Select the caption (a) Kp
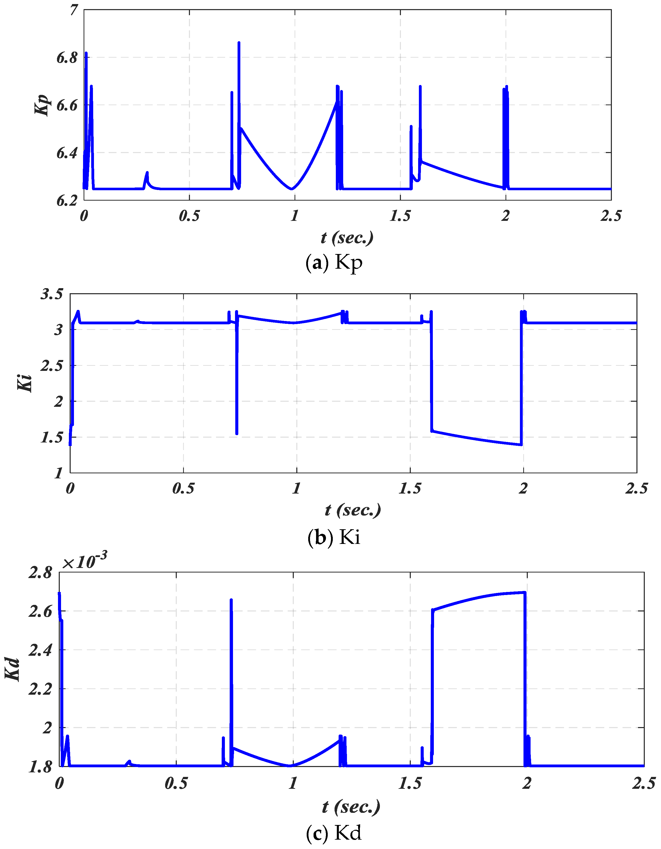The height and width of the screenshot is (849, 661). pos(334,263)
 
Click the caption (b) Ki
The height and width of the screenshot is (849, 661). pos(334,537)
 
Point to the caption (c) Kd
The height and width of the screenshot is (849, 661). pos(334,833)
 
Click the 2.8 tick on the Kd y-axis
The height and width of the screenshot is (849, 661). pos(40,572)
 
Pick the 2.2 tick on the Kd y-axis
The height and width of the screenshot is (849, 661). pos(40,689)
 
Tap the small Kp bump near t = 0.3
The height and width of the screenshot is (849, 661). pos(147,173)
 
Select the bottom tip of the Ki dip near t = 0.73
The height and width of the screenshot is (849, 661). pos(237,433)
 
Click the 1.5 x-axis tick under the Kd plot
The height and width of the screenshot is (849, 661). pos(410,783)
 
